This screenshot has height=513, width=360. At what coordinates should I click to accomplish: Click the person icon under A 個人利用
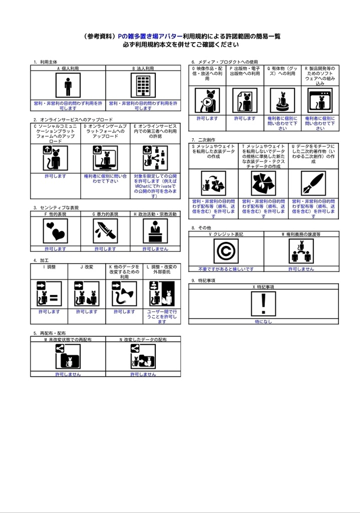(x=68, y=85)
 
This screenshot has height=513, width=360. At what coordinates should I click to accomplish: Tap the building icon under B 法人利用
(x=143, y=85)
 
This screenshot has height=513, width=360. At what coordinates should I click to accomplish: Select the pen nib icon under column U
(x=313, y=183)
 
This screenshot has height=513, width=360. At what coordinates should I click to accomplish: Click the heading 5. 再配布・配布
(x=50, y=333)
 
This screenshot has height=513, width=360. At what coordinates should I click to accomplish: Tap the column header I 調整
(x=49, y=267)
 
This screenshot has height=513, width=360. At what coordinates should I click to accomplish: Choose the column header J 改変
(x=87, y=267)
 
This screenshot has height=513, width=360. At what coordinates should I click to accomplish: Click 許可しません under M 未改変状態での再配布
(x=68, y=374)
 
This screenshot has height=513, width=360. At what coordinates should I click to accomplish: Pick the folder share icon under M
(x=68, y=357)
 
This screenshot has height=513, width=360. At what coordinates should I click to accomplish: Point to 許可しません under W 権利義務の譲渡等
(x=301, y=269)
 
